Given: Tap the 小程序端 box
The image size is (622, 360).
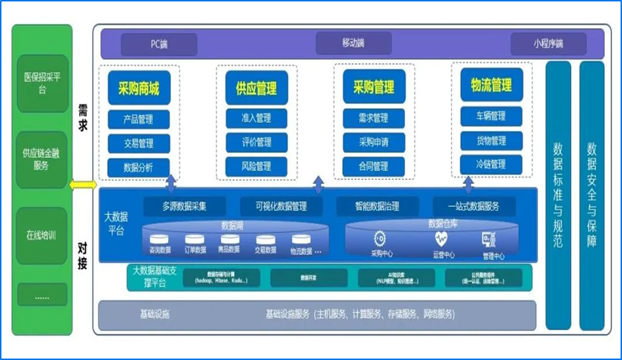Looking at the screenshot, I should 548,45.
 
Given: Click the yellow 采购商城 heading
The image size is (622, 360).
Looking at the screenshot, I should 139,89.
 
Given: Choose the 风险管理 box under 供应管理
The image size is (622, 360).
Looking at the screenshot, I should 256,167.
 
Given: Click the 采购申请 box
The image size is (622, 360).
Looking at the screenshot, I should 373,142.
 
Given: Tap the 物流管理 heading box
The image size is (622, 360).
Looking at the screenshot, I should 491,86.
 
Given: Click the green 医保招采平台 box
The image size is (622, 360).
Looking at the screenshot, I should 42,83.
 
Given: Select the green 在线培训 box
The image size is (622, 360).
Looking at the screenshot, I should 42,236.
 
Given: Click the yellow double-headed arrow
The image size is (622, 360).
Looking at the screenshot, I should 83,185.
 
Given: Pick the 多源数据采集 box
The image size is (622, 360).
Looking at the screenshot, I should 184,207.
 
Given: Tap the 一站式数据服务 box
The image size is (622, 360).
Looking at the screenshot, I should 474,207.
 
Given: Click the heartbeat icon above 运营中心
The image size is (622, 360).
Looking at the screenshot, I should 440,239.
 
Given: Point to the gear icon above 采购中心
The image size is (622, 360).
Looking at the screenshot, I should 380,239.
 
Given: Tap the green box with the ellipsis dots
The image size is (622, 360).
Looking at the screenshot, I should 42,295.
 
